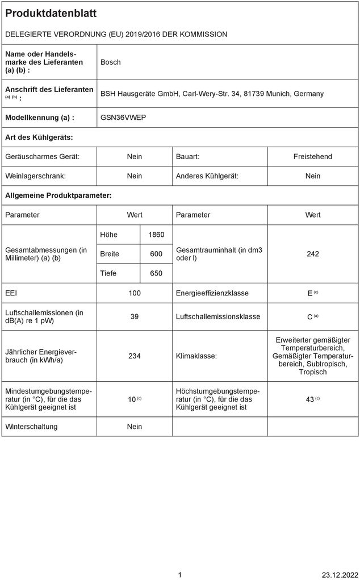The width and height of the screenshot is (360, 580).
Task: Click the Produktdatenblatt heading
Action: (51, 13)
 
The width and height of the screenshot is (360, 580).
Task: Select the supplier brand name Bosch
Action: (111, 62)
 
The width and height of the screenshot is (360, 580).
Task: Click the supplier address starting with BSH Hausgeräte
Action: (212, 93)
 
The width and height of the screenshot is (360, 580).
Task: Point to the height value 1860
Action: (156, 235)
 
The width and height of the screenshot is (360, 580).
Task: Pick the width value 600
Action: (156, 254)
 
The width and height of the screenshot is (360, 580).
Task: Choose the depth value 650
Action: (156, 273)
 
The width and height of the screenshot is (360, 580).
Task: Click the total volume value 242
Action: (313, 254)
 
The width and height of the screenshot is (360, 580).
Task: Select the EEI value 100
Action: (135, 293)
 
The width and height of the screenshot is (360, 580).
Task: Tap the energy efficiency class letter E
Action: (310, 293)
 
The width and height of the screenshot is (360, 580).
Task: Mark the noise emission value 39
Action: (135, 316)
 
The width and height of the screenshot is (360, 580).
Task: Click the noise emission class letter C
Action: (310, 316)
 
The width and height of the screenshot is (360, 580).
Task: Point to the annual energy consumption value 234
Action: (135, 356)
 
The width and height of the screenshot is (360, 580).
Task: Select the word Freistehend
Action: (313, 156)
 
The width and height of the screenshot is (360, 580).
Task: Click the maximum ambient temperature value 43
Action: (310, 399)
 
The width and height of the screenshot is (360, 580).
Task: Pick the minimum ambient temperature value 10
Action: (132, 399)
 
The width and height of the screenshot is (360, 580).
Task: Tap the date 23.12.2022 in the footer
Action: (340, 575)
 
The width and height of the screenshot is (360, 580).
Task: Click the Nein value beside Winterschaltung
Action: (135, 427)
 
